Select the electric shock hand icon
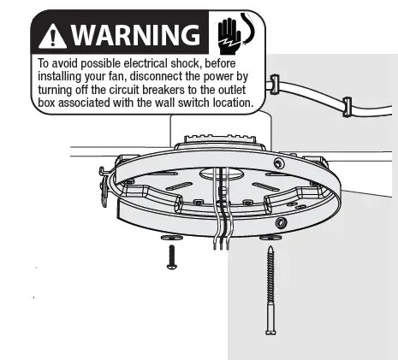coord(227,33)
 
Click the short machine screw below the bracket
coord(171,256)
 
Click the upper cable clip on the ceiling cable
coord(275,84)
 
